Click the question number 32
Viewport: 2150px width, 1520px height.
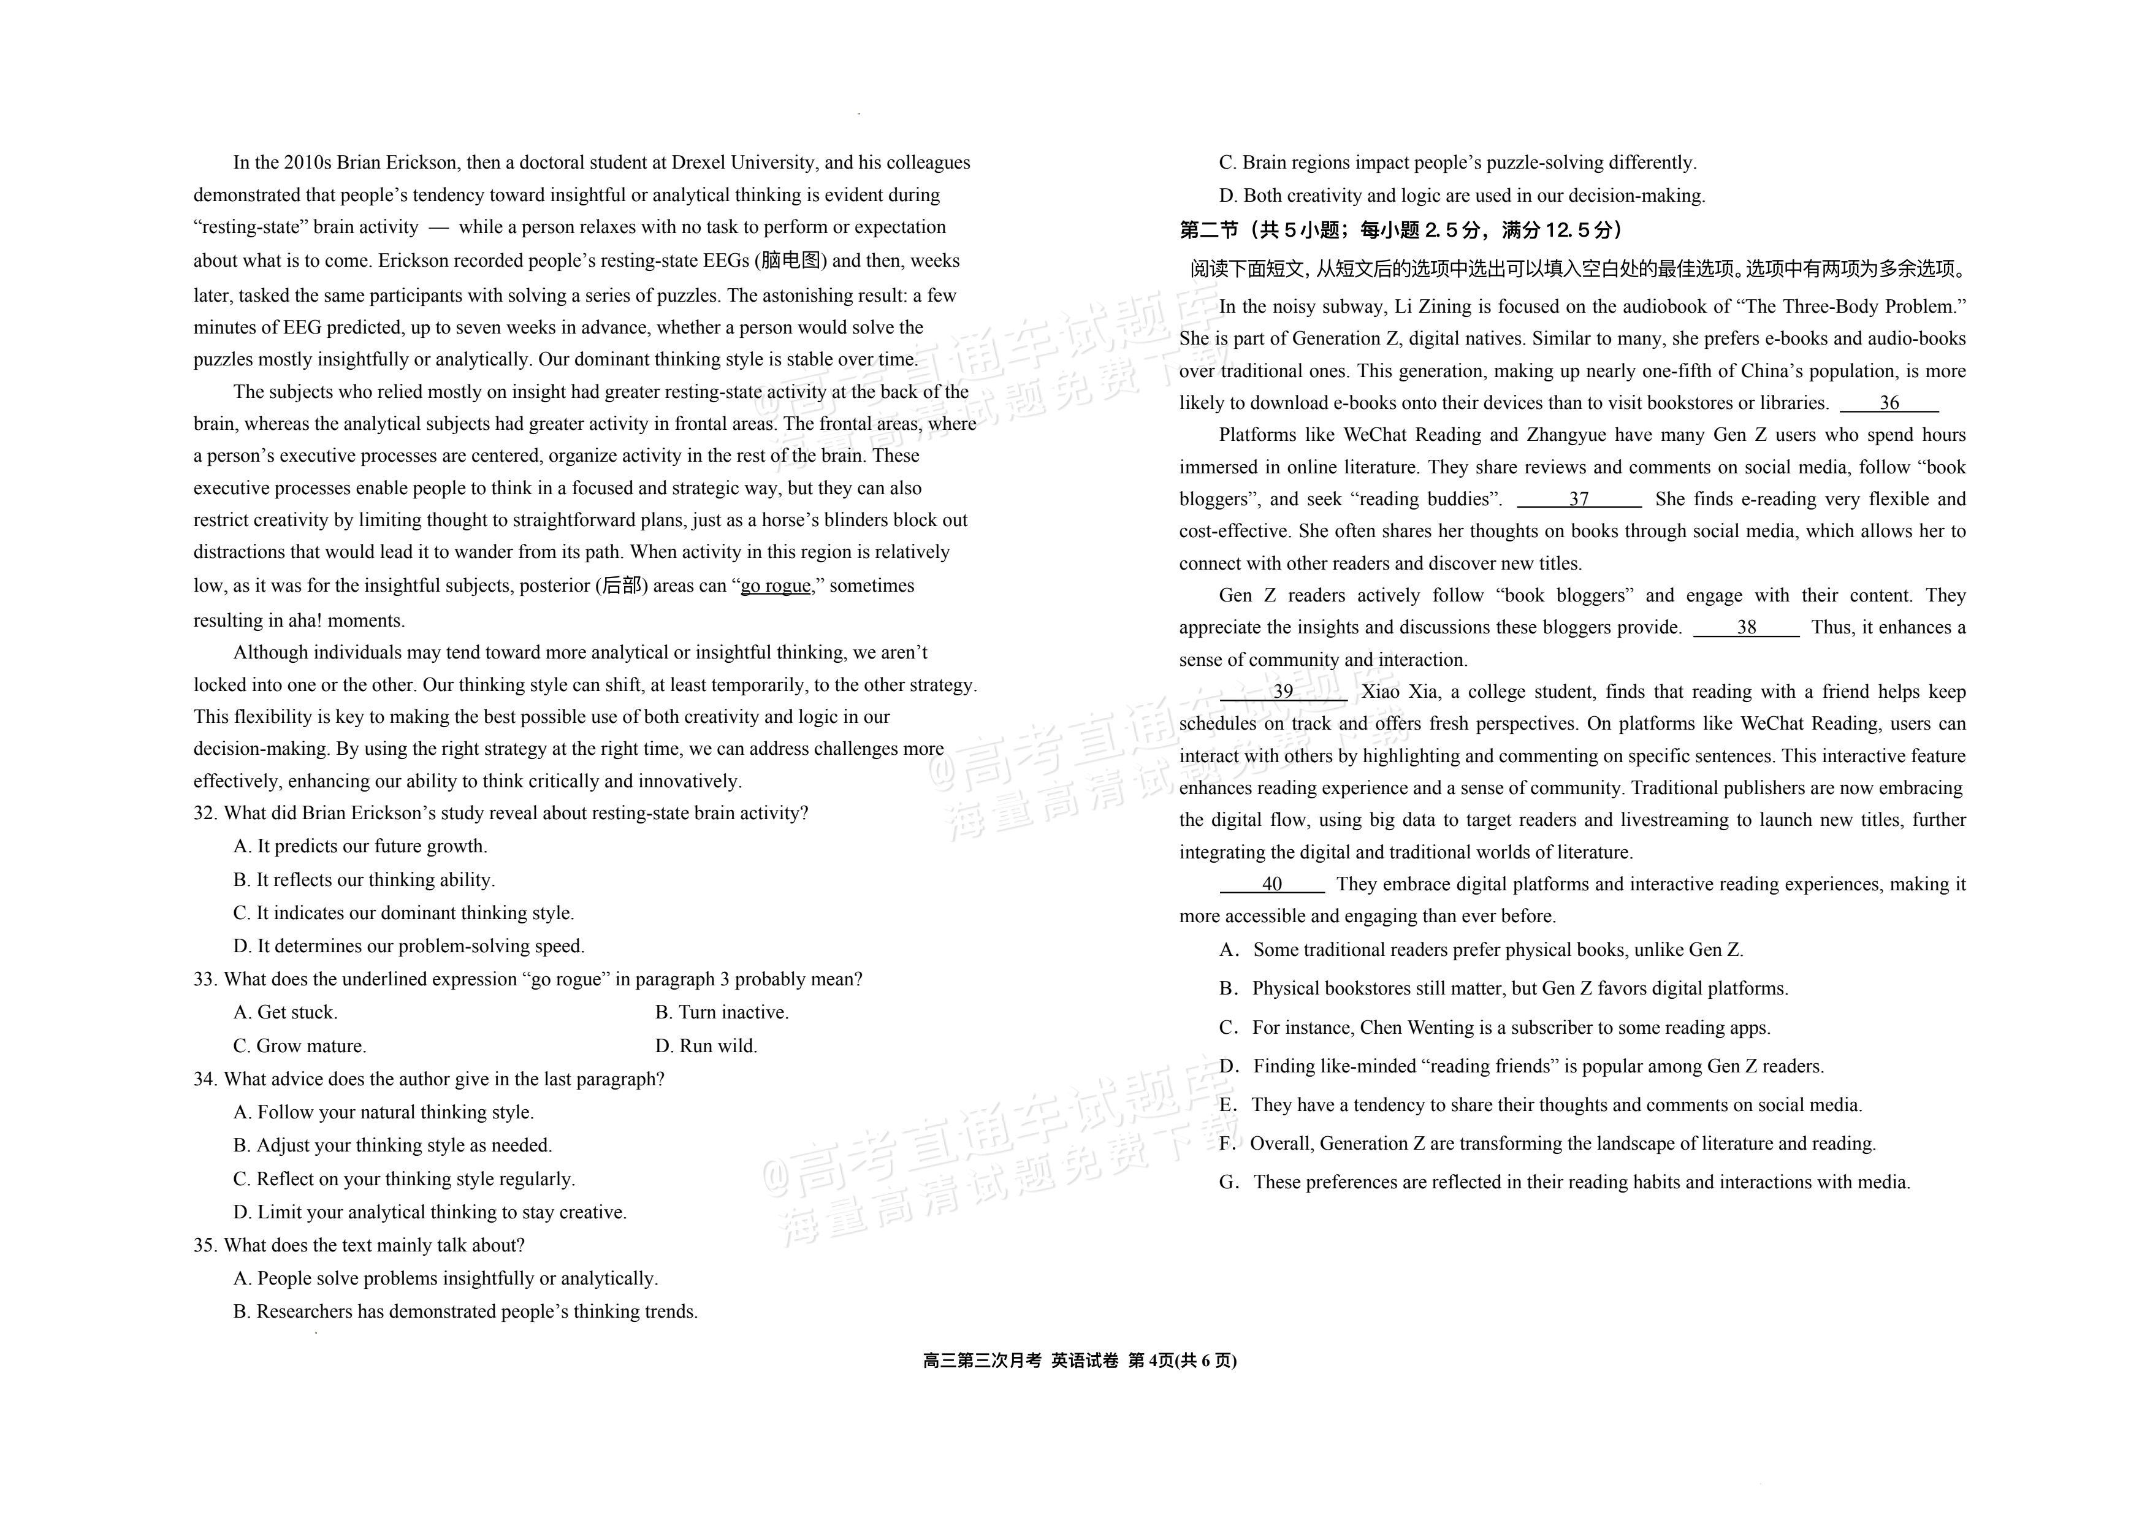click(205, 813)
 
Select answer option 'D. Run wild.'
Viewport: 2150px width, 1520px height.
click(706, 1045)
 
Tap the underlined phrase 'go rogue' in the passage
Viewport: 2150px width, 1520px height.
click(776, 586)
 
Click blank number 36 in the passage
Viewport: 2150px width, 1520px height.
click(1889, 403)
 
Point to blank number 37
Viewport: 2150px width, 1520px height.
click(1579, 499)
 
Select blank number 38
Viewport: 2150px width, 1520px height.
click(1747, 627)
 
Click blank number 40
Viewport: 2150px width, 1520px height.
click(1271, 884)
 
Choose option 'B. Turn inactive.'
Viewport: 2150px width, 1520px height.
click(722, 1012)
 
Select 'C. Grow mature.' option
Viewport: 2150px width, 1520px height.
click(300, 1045)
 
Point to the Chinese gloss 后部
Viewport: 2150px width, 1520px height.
click(622, 586)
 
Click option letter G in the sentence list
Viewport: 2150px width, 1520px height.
click(1229, 1182)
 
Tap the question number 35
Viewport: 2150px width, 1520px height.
click(205, 1245)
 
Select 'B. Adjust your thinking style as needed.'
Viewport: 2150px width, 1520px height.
click(392, 1145)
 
